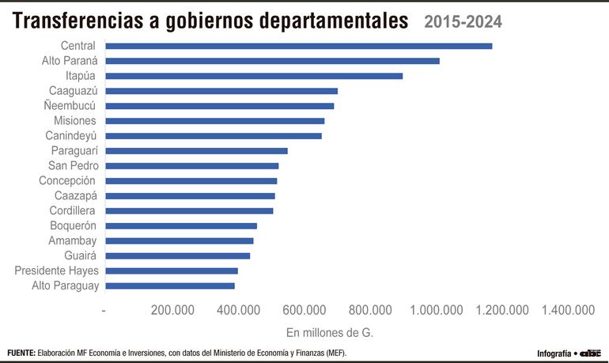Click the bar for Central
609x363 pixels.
point(298,46)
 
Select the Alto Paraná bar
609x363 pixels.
point(272,61)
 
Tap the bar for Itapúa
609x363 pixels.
point(254,76)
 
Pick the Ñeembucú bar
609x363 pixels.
point(219,106)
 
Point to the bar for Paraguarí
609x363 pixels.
point(196,150)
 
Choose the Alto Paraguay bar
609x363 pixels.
point(170,285)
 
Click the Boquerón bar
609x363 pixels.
point(181,225)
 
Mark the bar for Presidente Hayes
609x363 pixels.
point(171,270)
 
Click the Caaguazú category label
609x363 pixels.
point(73,91)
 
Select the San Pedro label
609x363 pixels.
point(73,165)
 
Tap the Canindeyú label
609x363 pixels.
point(72,135)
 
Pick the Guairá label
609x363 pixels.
point(80,255)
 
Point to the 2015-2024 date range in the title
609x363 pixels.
point(463,21)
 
